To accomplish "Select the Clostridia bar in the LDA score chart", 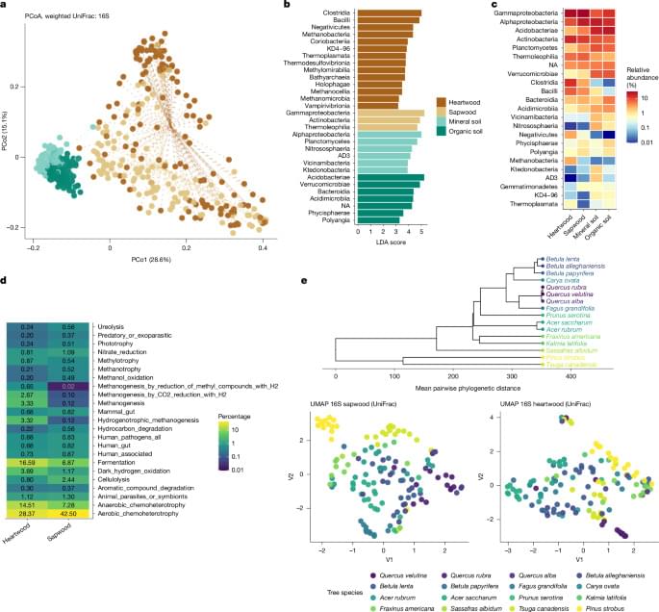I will [x=389, y=13].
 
